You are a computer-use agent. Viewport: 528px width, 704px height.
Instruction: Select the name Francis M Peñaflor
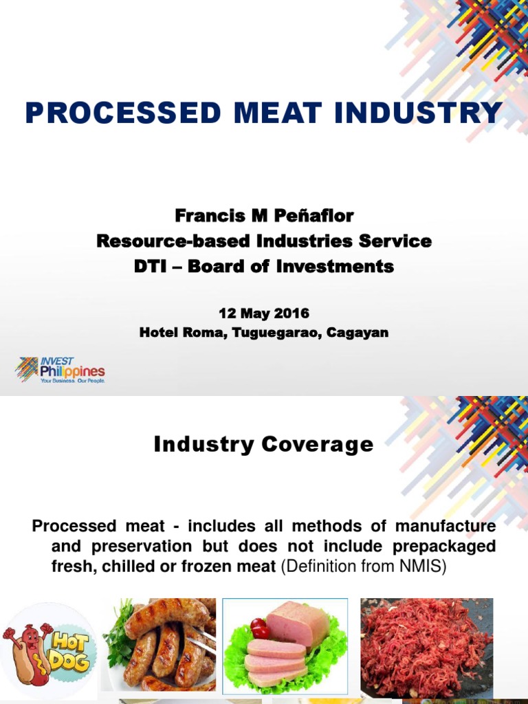[x=264, y=216]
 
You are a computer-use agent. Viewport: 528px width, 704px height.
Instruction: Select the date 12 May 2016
[x=264, y=313]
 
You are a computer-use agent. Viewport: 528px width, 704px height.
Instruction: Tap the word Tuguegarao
[x=277, y=333]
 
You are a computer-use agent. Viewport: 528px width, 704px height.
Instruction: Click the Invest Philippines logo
[x=60, y=370]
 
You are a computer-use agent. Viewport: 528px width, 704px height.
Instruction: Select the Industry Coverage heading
[x=264, y=445]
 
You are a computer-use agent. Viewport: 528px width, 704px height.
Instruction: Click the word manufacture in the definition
[x=445, y=527]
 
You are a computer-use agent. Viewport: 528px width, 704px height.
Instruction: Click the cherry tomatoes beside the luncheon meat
[x=259, y=628]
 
